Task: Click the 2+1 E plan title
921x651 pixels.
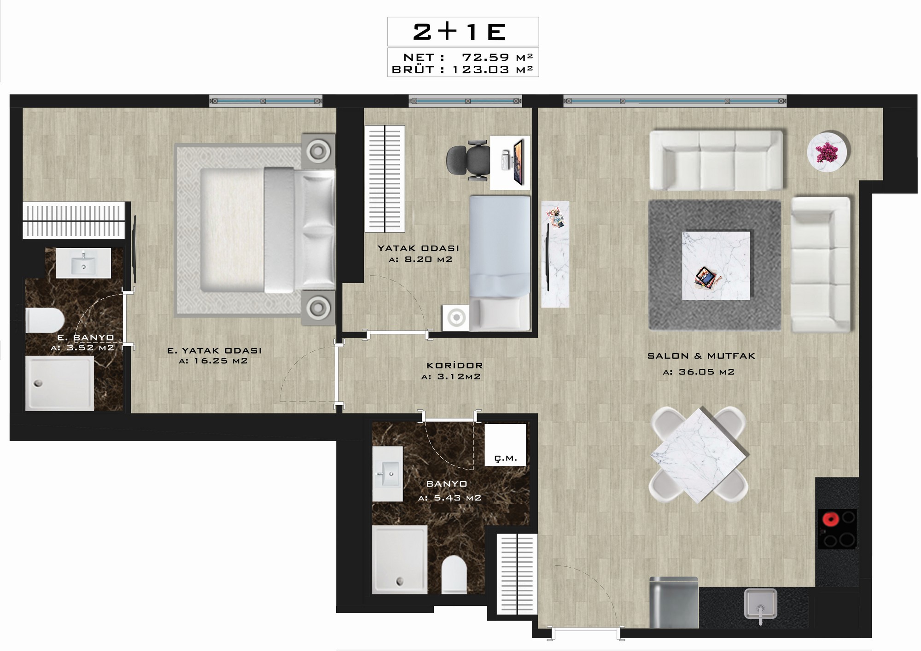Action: click(460, 32)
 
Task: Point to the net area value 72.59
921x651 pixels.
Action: click(485, 57)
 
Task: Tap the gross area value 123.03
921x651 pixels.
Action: click(481, 70)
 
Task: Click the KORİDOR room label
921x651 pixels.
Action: click(455, 366)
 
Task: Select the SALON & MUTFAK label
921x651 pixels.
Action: click(701, 356)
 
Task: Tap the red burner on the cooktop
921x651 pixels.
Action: click(829, 520)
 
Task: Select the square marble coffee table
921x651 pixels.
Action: click(716, 266)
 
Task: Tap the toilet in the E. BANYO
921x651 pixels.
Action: click(44, 320)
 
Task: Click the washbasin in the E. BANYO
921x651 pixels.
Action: click(83, 263)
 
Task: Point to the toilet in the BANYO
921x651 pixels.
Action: click(454, 575)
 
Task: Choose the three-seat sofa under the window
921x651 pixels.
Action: click(716, 160)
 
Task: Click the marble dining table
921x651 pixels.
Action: click(699, 454)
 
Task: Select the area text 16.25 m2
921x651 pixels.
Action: click(220, 361)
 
